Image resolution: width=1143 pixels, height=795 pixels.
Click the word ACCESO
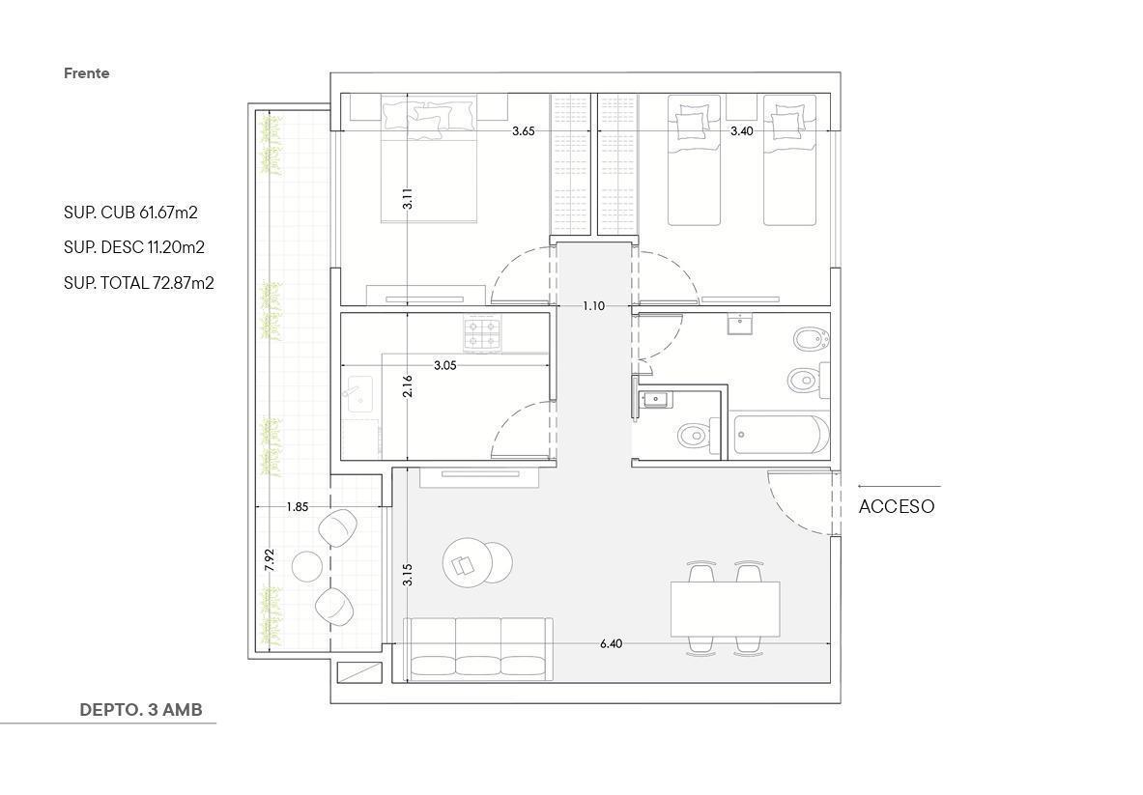pyautogui.click(x=896, y=506)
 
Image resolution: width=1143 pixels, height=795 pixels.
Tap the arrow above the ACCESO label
pyautogui.click(x=900, y=486)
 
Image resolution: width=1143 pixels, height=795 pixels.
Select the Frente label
pyautogui.click(x=87, y=72)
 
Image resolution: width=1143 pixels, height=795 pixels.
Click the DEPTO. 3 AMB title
pyautogui.click(x=141, y=710)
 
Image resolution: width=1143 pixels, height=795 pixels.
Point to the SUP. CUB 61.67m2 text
pyautogui.click(x=130, y=213)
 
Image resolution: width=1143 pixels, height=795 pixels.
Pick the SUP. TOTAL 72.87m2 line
pyautogui.click(x=138, y=283)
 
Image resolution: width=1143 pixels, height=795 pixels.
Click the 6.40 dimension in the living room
pyautogui.click(x=611, y=643)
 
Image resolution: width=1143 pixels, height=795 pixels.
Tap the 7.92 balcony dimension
pyautogui.click(x=270, y=559)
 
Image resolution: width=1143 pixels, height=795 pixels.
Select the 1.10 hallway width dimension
pyautogui.click(x=593, y=306)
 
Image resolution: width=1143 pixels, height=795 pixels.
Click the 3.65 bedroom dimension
pyautogui.click(x=524, y=131)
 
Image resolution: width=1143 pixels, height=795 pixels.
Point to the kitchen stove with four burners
pyautogui.click(x=482, y=333)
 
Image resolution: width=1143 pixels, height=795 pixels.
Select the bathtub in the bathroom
pyautogui.click(x=780, y=435)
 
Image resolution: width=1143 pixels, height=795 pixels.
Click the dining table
pyautogui.click(x=726, y=609)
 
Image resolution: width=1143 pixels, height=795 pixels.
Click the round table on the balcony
pyautogui.click(x=307, y=566)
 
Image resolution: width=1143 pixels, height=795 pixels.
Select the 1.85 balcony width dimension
pyautogui.click(x=298, y=507)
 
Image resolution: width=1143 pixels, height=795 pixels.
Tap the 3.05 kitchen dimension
pyautogui.click(x=444, y=365)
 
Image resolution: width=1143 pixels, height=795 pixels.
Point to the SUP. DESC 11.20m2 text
pyautogui.click(x=134, y=247)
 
